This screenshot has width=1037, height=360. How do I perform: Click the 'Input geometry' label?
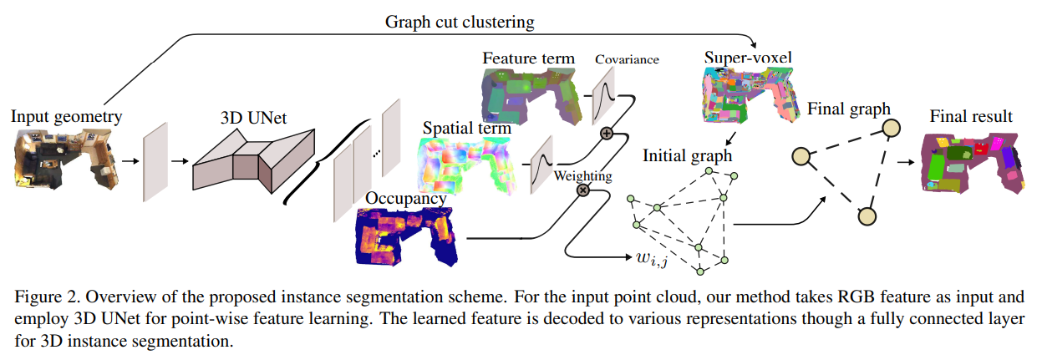[x=67, y=117]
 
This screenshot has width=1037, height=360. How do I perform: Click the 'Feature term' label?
[x=529, y=58]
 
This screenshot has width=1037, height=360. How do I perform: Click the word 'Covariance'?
[x=627, y=59]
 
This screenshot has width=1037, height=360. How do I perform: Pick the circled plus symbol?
[x=607, y=134]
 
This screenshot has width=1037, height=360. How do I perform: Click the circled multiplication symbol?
[x=582, y=190]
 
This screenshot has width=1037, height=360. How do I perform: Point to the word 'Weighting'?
[x=582, y=175]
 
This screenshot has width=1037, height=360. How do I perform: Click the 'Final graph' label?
[x=848, y=109]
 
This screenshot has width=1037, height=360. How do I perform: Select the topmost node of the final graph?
[x=891, y=129]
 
